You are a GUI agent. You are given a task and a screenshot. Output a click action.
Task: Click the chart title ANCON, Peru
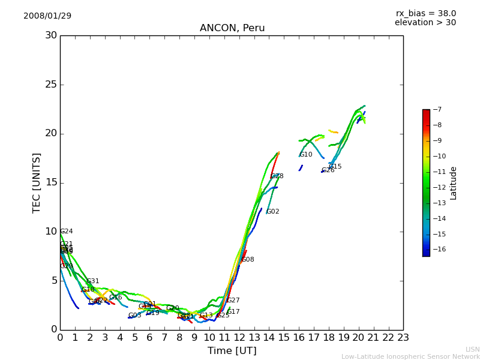(232, 28)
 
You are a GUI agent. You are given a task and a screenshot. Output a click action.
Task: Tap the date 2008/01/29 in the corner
(47, 16)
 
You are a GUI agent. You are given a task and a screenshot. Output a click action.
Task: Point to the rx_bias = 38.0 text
(425, 13)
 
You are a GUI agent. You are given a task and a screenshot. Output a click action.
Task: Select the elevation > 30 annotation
(425, 23)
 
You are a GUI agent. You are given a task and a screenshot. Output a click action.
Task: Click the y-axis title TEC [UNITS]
(37, 182)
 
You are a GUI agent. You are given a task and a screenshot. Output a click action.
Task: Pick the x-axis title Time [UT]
(232, 351)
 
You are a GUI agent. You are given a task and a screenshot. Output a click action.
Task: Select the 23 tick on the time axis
(403, 338)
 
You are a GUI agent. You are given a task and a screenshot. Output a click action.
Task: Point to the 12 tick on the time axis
(239, 338)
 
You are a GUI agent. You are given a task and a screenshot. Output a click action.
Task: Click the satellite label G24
(67, 231)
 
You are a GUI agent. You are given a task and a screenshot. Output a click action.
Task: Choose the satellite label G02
(273, 212)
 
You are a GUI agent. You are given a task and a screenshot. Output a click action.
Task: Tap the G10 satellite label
(306, 155)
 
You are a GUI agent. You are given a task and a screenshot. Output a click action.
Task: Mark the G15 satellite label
(335, 167)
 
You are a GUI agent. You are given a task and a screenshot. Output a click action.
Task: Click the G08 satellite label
(248, 260)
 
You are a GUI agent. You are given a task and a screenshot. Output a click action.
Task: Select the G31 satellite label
(93, 281)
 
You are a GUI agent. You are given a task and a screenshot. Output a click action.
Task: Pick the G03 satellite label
(134, 316)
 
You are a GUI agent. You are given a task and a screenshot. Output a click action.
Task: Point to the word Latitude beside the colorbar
(454, 182)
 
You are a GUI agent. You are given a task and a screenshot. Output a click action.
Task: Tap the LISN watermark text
(472, 349)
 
